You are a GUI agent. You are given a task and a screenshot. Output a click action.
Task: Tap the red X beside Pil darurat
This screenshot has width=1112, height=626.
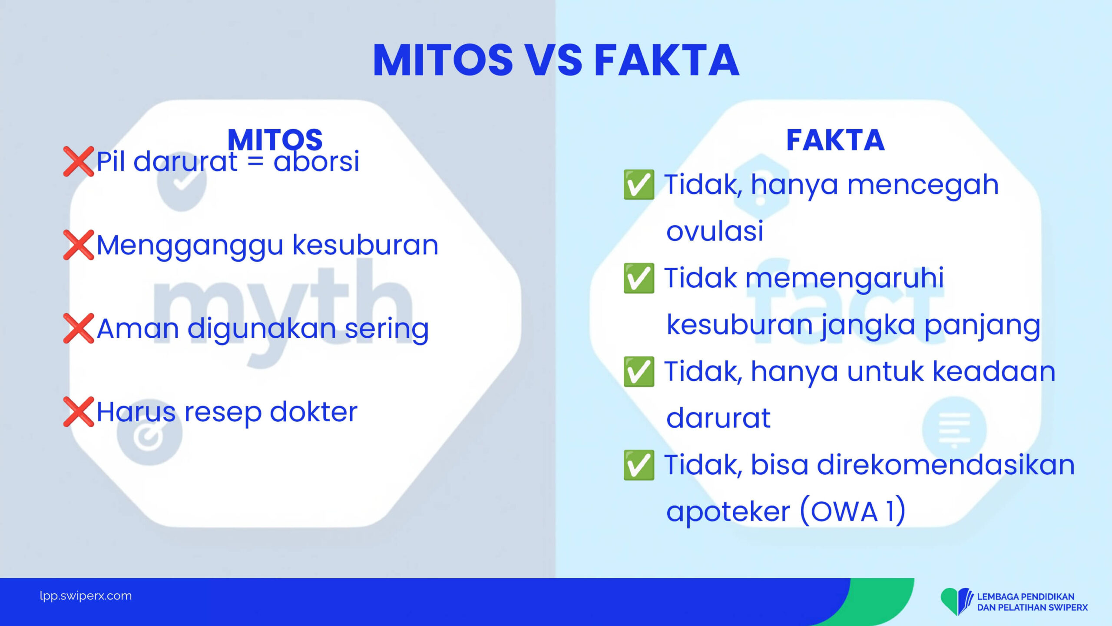(x=79, y=161)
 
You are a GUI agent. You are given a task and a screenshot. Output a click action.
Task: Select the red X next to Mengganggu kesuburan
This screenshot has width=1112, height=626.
(x=79, y=245)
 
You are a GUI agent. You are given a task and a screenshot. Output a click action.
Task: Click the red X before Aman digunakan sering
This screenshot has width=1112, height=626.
(x=79, y=328)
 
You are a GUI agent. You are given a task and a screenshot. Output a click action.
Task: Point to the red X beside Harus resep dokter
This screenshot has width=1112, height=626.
(x=79, y=412)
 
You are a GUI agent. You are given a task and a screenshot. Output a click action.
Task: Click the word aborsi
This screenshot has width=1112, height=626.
(x=316, y=161)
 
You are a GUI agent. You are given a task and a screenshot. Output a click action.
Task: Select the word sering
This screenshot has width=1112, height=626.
(x=387, y=329)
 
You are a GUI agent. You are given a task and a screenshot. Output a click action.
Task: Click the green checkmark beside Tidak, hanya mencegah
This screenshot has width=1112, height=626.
(x=639, y=185)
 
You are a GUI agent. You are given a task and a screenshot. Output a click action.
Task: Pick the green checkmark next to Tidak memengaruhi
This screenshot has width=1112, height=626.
(x=639, y=278)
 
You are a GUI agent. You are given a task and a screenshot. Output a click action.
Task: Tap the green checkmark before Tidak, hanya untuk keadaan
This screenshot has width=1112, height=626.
(x=639, y=372)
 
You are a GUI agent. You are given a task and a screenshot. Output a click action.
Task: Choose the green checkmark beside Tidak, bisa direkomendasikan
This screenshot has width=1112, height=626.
(x=639, y=465)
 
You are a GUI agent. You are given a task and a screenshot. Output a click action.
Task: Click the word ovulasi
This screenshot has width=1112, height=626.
(x=715, y=230)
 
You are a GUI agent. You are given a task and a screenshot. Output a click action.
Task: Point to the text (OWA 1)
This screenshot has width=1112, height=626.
(x=853, y=511)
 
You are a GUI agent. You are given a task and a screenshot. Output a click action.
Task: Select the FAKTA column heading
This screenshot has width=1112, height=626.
(x=835, y=140)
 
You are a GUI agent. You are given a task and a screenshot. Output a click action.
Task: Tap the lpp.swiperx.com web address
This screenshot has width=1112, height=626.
(x=86, y=596)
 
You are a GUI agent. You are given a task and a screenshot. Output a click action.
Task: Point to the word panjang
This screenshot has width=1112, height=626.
(x=982, y=326)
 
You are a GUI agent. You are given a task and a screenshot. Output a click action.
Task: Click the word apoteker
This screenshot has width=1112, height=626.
(x=728, y=512)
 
